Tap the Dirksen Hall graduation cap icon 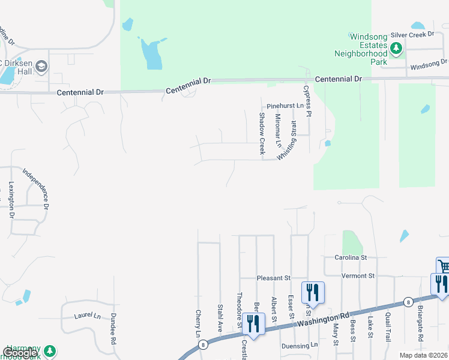click(x=41, y=66)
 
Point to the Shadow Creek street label click(x=262, y=133)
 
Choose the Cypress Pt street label click(x=307, y=101)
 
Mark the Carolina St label click(x=351, y=257)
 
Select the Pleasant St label click(x=273, y=278)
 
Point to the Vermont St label click(x=358, y=276)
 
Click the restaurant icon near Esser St click(x=313, y=292)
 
